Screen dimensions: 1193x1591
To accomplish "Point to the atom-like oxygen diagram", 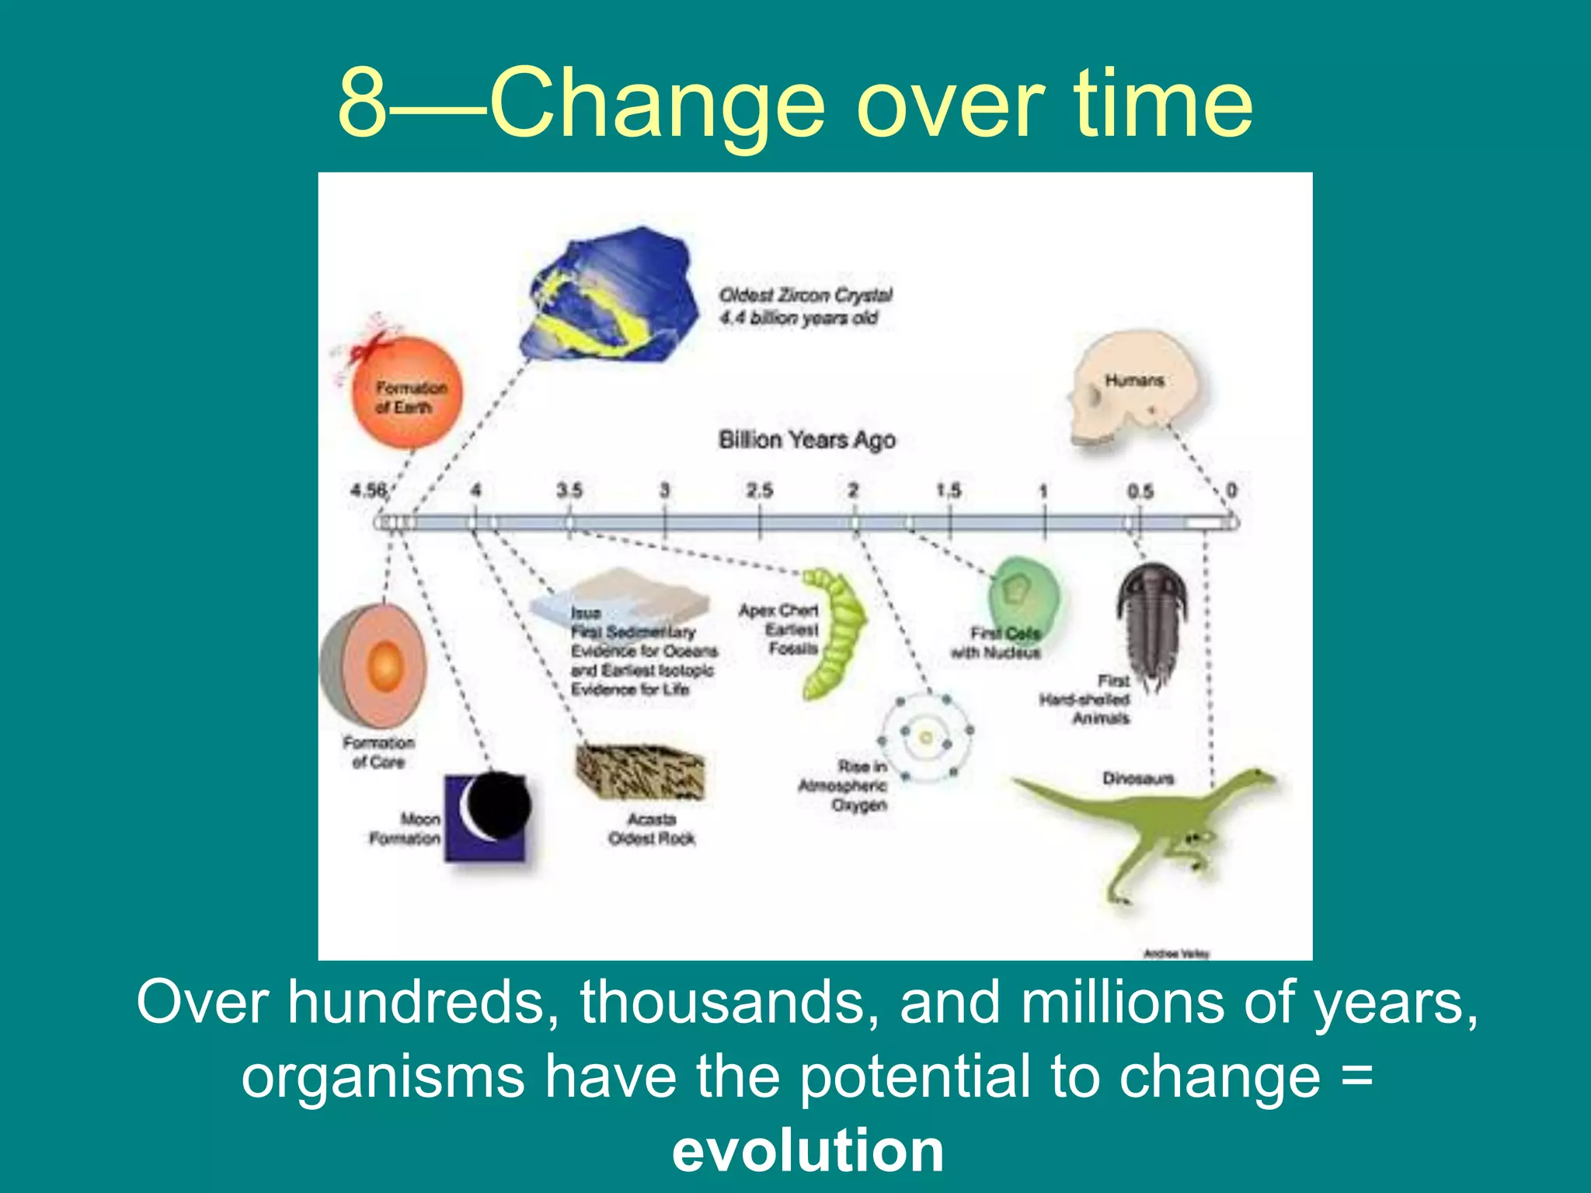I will click(926, 737).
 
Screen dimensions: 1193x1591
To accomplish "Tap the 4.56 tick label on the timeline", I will click(368, 490).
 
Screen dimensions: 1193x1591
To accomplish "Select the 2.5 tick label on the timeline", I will click(759, 490).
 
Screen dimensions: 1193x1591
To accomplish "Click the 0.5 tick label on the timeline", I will click(1140, 491).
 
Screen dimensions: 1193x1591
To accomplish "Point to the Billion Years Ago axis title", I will click(806, 440).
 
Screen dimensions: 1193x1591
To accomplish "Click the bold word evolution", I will click(808, 1150).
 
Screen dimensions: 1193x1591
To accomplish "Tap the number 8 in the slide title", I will click(362, 103).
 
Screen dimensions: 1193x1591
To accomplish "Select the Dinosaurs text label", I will click(1137, 777).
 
